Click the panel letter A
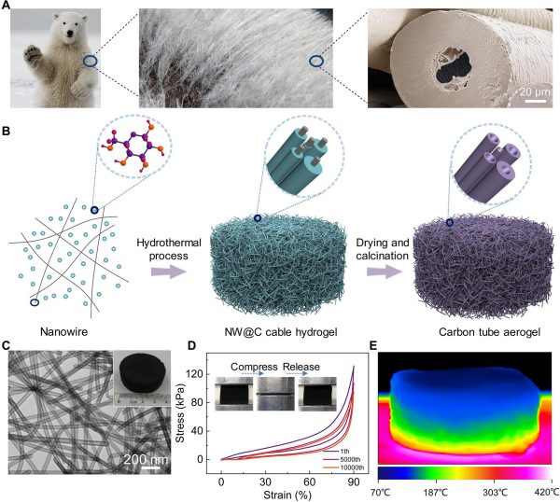click(x=7, y=7)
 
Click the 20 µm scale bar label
click(x=529, y=91)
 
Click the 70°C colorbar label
click(x=392, y=491)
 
